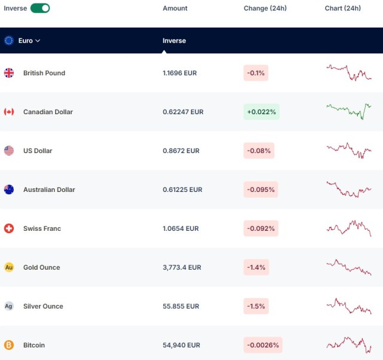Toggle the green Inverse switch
tap(40, 8)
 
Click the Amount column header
tap(175, 8)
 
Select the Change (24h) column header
tap(265, 8)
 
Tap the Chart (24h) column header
tap(343, 8)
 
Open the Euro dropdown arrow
tap(38, 41)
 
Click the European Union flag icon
tap(9, 41)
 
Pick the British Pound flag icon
tap(9, 73)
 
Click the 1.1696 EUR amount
tap(180, 73)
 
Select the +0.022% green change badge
tap(262, 112)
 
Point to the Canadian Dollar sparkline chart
tap(349, 111)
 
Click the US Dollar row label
tap(38, 151)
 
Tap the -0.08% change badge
tap(259, 151)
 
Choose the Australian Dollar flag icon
tap(9, 190)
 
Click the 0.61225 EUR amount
tap(183, 190)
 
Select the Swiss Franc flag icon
tap(9, 228)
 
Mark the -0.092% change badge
tap(261, 228)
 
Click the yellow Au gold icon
tap(9, 267)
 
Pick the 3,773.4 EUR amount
tap(182, 267)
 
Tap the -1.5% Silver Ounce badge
tap(256, 306)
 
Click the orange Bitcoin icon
tap(9, 345)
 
